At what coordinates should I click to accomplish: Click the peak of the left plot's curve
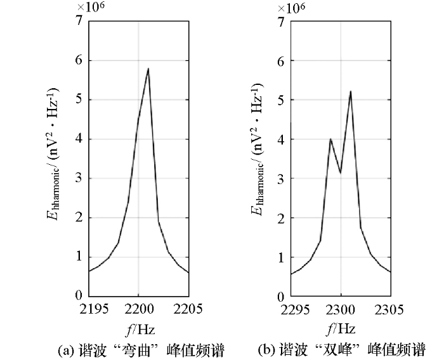pyautogui.click(x=148, y=68)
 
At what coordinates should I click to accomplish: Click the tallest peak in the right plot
pyautogui.click(x=350, y=91)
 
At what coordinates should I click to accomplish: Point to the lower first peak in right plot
pyautogui.click(x=330, y=139)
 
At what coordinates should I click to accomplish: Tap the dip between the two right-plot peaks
pyautogui.click(x=341, y=172)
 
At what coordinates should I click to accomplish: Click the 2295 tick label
pyautogui.click(x=291, y=311)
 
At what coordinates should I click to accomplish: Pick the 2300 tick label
pyautogui.click(x=341, y=311)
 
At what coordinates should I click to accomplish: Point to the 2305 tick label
pyautogui.click(x=391, y=311)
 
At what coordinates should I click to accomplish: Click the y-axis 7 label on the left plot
pyautogui.click(x=78, y=21)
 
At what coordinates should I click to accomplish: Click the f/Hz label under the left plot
pyautogui.click(x=139, y=330)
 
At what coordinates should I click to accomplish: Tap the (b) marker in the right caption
pyautogui.click(x=266, y=350)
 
